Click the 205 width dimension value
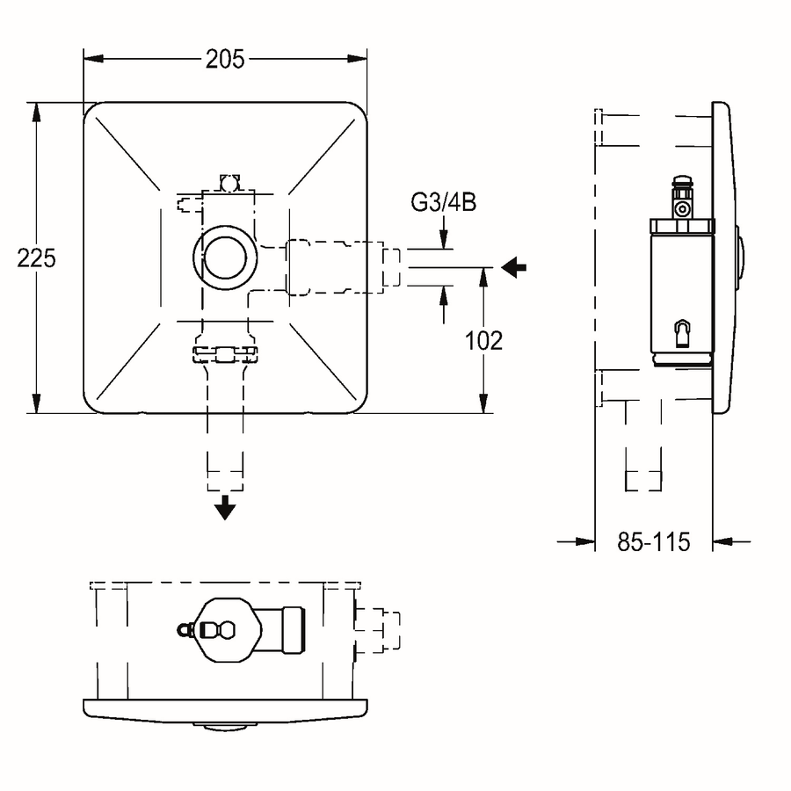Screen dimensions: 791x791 point(225,60)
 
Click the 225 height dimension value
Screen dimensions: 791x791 point(36,258)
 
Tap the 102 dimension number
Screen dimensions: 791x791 point(483,341)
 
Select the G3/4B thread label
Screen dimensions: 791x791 point(444,203)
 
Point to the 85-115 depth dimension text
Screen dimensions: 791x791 point(654,542)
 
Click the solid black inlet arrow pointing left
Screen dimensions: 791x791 point(514,267)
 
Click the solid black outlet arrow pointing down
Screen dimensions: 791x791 point(225,507)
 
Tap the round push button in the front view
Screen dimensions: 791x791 point(225,258)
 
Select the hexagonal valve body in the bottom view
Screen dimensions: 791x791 point(229,630)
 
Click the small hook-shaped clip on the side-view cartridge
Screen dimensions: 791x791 point(682,333)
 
